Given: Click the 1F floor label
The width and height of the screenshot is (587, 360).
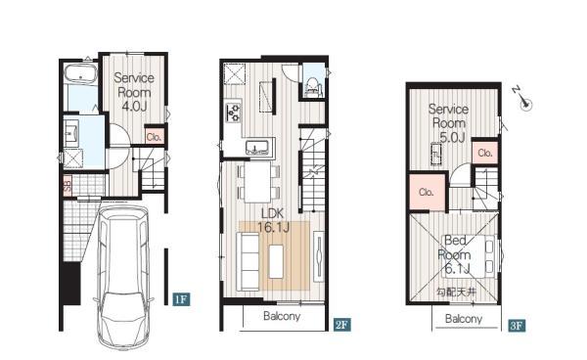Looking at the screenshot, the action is pyautogui.click(x=181, y=299).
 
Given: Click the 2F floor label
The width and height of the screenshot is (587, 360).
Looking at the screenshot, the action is pyautogui.click(x=341, y=325).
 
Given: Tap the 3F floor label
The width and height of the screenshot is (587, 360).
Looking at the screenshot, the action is pyautogui.click(x=517, y=325).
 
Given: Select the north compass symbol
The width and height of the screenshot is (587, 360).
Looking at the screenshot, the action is pyautogui.click(x=522, y=98).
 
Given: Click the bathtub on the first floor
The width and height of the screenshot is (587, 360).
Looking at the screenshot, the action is pyautogui.click(x=80, y=73).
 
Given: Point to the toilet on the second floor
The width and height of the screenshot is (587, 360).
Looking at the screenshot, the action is pyautogui.click(x=313, y=87).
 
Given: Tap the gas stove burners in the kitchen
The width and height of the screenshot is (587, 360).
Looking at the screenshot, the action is pyautogui.click(x=234, y=112).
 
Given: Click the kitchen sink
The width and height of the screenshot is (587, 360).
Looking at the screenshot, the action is pyautogui.click(x=257, y=148).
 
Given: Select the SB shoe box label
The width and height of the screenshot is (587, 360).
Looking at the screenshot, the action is pyautogui.click(x=68, y=186).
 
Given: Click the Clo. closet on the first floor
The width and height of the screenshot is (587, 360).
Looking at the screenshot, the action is pyautogui.click(x=154, y=137).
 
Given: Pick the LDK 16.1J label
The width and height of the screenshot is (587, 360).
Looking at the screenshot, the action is pyautogui.click(x=273, y=220).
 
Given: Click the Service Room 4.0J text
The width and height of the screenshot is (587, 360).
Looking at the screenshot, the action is pyautogui.click(x=134, y=92).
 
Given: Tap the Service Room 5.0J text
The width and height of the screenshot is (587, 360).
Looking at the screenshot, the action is pyautogui.click(x=448, y=123).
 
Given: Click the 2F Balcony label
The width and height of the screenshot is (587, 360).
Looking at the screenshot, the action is pyautogui.click(x=282, y=316).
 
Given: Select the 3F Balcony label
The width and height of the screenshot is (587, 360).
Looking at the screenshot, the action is pyautogui.click(x=464, y=319).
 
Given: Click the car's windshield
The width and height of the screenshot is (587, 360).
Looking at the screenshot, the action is pyautogui.click(x=123, y=304).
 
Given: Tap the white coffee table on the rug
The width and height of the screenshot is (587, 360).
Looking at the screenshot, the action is pyautogui.click(x=276, y=261).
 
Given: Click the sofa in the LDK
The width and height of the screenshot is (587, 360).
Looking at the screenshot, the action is pyautogui.click(x=248, y=261).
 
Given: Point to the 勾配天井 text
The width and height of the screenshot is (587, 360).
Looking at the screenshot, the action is pyautogui.click(x=456, y=292).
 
